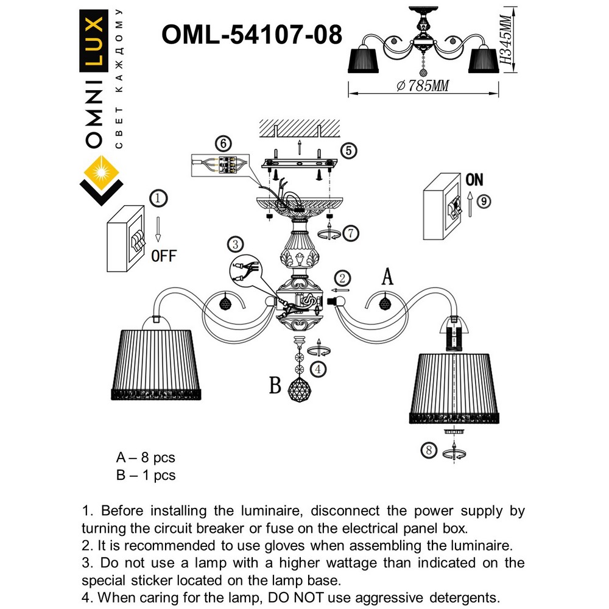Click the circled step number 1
tap(158, 198)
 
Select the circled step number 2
tap(343, 278)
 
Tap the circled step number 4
tap(317, 368)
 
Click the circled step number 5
tap(347, 150)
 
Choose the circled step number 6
tap(224, 144)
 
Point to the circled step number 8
tap(429, 451)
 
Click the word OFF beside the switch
tap(163, 256)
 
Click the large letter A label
tap(387, 277)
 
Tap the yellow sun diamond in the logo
tap(101, 169)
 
